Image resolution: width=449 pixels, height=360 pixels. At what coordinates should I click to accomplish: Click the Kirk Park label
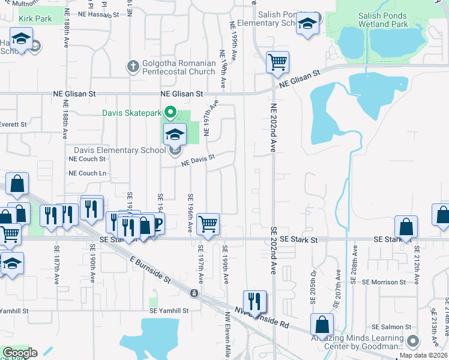tap(35, 19)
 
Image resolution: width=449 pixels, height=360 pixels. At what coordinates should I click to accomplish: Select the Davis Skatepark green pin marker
tap(170, 112)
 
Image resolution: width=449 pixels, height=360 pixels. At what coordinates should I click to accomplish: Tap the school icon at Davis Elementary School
tap(175, 134)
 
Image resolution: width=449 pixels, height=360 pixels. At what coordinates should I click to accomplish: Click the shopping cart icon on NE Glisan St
tap(277, 62)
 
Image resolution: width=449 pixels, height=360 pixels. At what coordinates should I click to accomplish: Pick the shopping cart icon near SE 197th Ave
tap(208, 224)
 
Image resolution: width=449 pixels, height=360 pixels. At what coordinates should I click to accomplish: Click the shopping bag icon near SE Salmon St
tap(322, 325)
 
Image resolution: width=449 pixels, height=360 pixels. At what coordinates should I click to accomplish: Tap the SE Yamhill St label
tap(169, 311)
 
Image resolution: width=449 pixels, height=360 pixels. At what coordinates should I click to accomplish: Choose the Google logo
tap(20, 353)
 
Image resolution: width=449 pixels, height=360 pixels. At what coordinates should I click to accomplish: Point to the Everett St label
tap(14, 125)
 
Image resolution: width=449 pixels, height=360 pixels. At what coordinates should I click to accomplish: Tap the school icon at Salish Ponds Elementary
tap(307, 24)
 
